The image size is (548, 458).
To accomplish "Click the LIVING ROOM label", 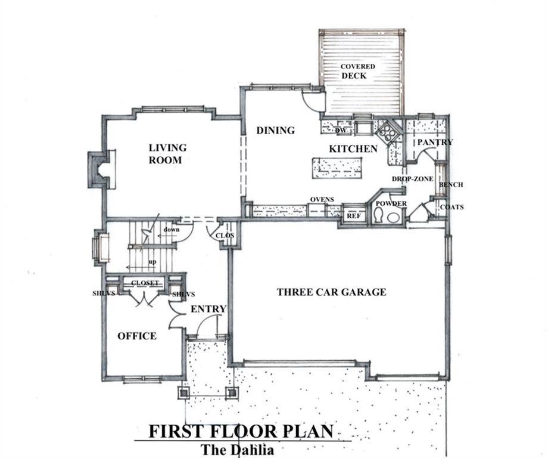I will [167, 153].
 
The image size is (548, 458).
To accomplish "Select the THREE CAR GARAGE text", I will [331, 292].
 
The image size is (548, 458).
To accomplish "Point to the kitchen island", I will [338, 167].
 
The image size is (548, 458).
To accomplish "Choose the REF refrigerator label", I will [354, 216].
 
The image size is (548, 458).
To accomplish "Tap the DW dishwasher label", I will [341, 131].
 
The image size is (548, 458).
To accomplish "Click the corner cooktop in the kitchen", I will [388, 132].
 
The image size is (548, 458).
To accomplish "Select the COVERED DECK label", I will [357, 71].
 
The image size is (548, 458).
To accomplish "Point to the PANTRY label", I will [435, 142].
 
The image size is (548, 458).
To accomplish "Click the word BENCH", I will [450, 185].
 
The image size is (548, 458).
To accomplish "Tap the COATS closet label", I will [452, 207].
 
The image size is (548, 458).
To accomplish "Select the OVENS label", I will [322, 199].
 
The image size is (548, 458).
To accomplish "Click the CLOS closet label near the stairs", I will [225, 236].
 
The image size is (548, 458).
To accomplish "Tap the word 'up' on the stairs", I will [152, 261].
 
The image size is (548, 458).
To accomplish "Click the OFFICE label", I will [137, 336].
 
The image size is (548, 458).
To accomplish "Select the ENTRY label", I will [208, 308].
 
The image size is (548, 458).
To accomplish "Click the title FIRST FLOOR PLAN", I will [241, 431].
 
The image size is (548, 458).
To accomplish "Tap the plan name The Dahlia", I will [237, 450].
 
